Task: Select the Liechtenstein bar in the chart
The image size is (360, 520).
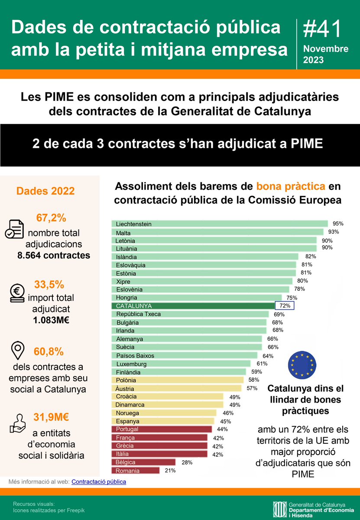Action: click(x=220, y=224)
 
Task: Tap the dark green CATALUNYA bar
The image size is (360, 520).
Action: click(x=193, y=305)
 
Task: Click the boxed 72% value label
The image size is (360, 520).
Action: click(x=285, y=305)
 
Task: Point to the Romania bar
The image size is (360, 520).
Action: click(x=136, y=470)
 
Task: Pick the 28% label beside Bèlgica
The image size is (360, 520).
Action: click(x=187, y=462)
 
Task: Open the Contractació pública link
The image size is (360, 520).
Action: click(x=99, y=481)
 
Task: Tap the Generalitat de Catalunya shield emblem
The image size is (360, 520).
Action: click(x=279, y=510)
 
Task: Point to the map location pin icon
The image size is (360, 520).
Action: click(x=17, y=351)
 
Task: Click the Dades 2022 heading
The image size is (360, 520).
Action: click(x=45, y=191)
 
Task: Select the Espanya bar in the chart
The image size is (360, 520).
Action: click(x=163, y=421)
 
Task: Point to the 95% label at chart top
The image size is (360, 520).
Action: click(x=338, y=224)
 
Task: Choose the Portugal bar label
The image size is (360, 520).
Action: click(x=127, y=429)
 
